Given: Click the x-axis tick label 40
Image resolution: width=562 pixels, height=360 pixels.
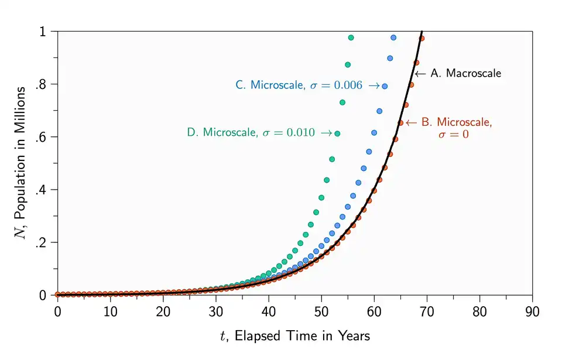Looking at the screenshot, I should (x=269, y=310).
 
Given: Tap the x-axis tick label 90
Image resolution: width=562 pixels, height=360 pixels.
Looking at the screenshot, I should (x=532, y=310).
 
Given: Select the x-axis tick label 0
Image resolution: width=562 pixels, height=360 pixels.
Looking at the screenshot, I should (x=57, y=310).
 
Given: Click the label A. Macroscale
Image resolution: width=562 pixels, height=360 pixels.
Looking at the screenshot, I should (x=466, y=74).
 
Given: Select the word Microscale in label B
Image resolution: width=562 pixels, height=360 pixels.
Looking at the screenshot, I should (x=466, y=122).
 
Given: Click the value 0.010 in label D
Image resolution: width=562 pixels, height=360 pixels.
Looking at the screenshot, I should (x=300, y=133).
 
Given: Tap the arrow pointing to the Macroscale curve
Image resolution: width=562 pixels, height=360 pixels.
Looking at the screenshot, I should (x=420, y=74).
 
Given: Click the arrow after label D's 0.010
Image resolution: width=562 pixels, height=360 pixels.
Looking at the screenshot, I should (x=327, y=133).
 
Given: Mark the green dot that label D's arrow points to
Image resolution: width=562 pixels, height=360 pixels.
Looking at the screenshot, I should (x=337, y=133).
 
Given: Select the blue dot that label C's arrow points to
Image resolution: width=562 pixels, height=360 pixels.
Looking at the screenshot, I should (x=385, y=86).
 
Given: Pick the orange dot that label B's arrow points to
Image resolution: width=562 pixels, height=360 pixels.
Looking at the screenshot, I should (x=400, y=122).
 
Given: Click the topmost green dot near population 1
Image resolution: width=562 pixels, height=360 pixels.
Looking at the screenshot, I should (x=351, y=37).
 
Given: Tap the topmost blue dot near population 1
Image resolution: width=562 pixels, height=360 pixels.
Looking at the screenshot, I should (x=393, y=37).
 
